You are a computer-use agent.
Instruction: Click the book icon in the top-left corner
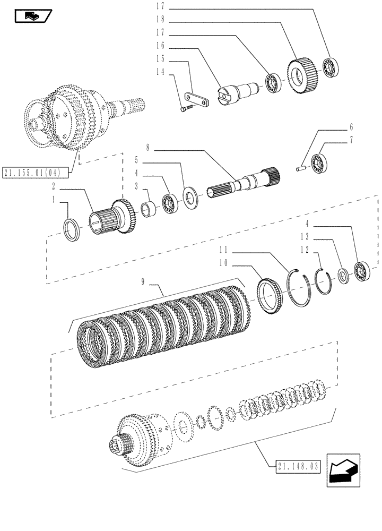[31, 16]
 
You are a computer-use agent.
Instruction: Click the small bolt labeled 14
[184, 109]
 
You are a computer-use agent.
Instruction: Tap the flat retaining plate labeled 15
[196, 100]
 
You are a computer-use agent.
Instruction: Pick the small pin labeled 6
[300, 169]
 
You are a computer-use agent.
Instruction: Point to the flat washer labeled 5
[189, 195]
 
